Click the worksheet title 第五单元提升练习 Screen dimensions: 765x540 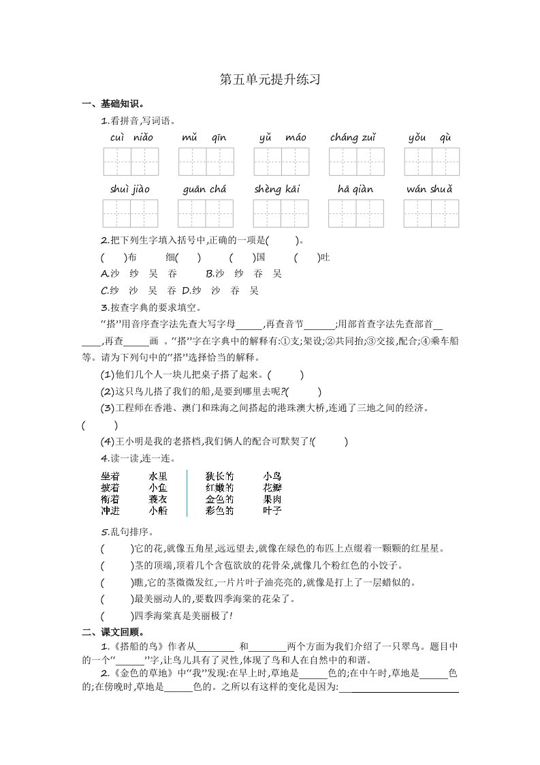[x=270, y=80]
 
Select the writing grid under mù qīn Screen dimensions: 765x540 [x=206, y=162]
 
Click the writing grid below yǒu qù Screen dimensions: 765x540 [x=431, y=162]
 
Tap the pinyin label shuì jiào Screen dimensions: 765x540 [x=129, y=189]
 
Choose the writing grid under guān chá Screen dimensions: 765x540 [x=206, y=213]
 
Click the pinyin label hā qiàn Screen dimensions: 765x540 [x=355, y=189]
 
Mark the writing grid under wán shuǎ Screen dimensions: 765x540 [x=431, y=213]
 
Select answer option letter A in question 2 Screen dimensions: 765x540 [x=104, y=273]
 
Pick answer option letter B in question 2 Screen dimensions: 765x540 [x=209, y=273]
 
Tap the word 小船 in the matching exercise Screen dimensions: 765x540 [x=158, y=510]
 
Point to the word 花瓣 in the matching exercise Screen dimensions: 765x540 [x=272, y=487]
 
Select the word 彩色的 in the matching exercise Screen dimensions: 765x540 [x=219, y=510]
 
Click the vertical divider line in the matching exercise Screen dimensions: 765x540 [x=187, y=493]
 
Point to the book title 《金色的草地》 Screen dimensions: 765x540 [x=142, y=674]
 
